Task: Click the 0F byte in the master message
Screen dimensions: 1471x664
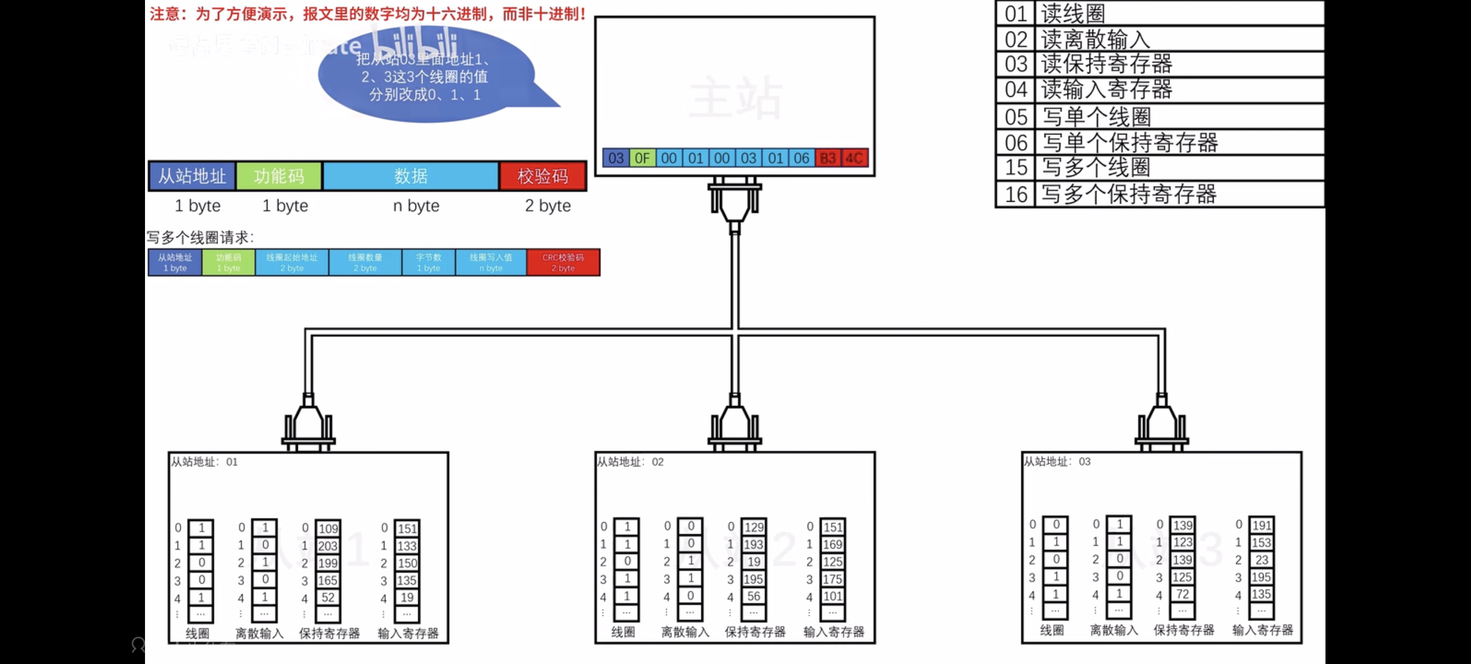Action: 643,158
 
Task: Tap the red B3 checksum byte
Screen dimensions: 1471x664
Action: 828,158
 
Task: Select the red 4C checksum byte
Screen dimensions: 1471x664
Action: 854,158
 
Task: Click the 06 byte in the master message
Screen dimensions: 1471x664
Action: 801,158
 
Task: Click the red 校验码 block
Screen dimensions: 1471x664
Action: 543,176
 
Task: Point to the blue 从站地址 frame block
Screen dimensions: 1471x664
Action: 192,176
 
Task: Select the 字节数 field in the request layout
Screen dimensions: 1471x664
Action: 428,263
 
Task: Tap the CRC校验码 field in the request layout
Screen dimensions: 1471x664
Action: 563,263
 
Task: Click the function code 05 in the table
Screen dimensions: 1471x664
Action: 1016,117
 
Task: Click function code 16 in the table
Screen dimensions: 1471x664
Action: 1016,194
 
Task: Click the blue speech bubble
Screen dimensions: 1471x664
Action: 426,77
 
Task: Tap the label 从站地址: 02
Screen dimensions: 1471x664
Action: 630,461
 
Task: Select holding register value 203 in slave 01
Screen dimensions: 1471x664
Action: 328,546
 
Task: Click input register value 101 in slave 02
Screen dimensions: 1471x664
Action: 833,596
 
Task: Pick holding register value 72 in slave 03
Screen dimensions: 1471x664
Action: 1182,594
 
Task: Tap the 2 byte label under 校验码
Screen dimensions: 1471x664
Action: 547,205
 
